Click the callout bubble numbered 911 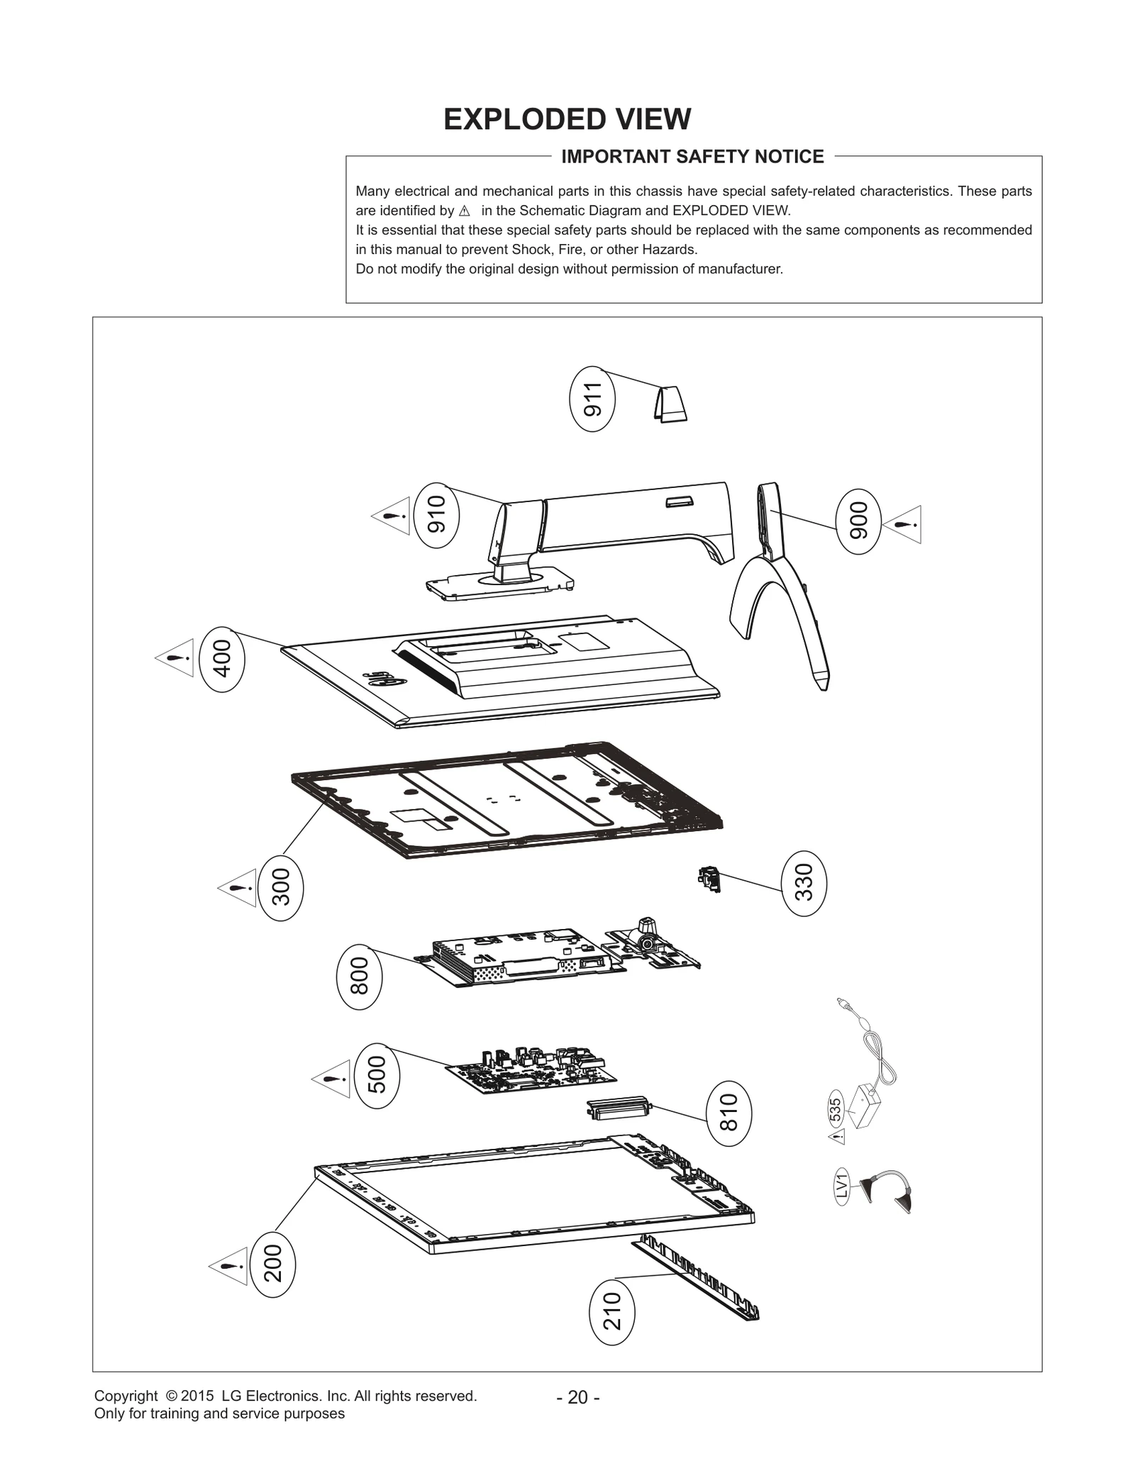pos(592,399)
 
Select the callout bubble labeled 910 pos(436,514)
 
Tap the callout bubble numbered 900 pos(858,521)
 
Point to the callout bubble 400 pos(223,659)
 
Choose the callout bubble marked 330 pos(804,882)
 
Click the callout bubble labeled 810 pos(729,1112)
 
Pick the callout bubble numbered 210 pos(611,1311)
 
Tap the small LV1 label pos(841,1186)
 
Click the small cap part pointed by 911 pos(670,404)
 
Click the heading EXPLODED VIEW pos(567,119)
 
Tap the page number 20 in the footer pos(578,1397)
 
